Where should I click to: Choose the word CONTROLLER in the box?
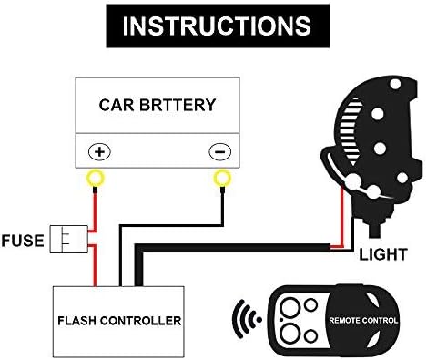point(146,321)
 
